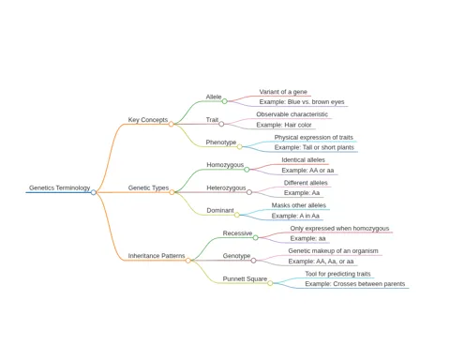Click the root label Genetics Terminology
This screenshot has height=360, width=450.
pyautogui.click(x=59, y=187)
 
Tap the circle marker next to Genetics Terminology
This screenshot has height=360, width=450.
pyautogui.click(x=94, y=192)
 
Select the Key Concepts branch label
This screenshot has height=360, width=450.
pyautogui.click(x=148, y=120)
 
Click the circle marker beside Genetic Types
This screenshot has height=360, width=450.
pyautogui.click(x=172, y=192)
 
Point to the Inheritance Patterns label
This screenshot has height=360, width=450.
pyautogui.click(x=157, y=256)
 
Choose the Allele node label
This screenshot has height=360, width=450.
pyautogui.click(x=214, y=97)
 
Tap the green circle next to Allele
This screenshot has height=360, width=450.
pyautogui.click(x=224, y=101)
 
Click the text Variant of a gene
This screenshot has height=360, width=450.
pyautogui.click(x=283, y=92)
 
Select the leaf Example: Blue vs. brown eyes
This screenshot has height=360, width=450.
pyautogui.click(x=302, y=102)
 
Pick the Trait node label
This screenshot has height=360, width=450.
pyautogui.click(x=212, y=120)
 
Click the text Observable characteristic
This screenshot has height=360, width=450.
pyautogui.click(x=292, y=114)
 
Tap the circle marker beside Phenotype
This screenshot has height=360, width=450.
pyautogui.click(x=239, y=146)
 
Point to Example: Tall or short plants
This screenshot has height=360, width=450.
pyautogui.click(x=314, y=147)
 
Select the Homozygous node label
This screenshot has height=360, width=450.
pyautogui.click(x=225, y=165)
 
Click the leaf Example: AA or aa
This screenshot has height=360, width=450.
pyautogui.click(x=307, y=171)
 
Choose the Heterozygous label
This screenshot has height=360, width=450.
pyautogui.click(x=226, y=187)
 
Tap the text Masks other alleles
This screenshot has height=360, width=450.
pyautogui.click(x=299, y=205)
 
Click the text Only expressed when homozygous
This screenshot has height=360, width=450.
pyautogui.click(x=339, y=229)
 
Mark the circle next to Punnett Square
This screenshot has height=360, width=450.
pyautogui.click(x=270, y=283)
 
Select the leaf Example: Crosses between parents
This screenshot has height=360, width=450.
pyautogui.click(x=355, y=284)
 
